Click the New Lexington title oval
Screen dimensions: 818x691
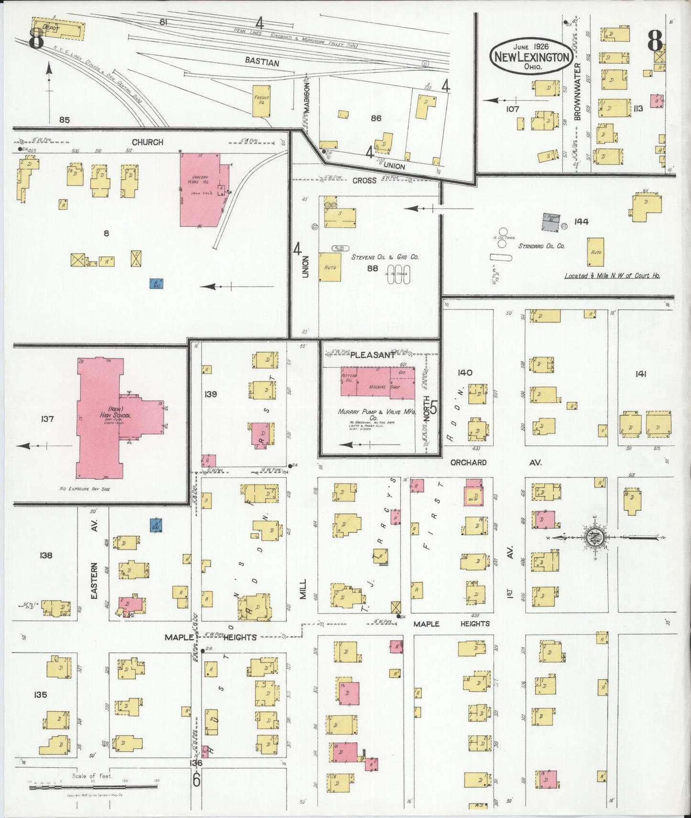point(531,56)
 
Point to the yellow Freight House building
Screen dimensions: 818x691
point(262,101)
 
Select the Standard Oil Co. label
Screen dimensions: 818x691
point(541,246)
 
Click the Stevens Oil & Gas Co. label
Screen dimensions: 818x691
point(385,257)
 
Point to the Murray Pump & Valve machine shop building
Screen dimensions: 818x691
point(378,382)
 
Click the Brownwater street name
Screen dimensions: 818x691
point(578,91)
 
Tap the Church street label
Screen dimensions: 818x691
point(147,142)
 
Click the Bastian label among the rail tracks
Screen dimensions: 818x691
point(262,62)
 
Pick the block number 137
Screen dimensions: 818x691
point(47,419)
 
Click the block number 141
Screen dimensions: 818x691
point(641,374)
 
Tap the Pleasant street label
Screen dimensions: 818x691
point(373,355)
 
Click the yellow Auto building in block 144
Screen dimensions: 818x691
point(595,252)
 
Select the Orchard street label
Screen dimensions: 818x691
point(468,463)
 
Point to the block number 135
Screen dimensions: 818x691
point(40,694)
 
